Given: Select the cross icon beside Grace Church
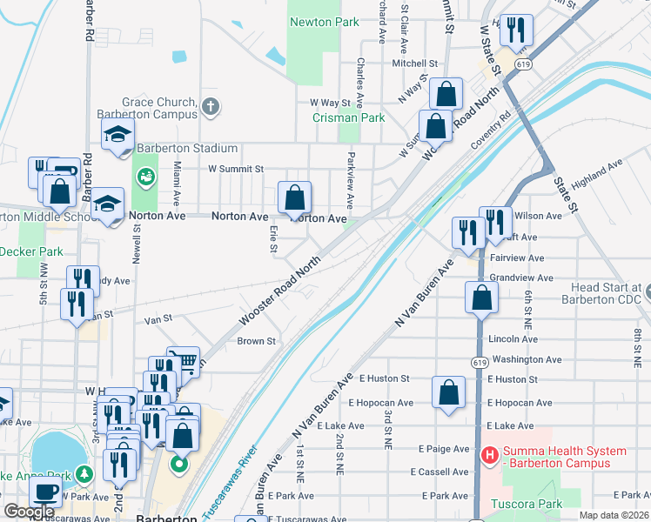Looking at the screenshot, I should (209, 108).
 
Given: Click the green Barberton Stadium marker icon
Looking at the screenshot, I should (145, 177).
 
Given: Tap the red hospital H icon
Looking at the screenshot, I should (489, 455).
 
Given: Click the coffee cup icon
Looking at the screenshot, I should (45, 492).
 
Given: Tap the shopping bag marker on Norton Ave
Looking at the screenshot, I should (295, 196).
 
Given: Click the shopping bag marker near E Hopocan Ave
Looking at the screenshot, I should (448, 391).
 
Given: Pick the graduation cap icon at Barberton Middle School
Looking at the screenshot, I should (108, 205).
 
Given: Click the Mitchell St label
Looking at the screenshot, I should (414, 64).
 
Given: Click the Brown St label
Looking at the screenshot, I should (256, 341).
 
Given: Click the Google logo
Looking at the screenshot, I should (29, 512).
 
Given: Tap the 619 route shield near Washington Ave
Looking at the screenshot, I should (479, 362).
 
